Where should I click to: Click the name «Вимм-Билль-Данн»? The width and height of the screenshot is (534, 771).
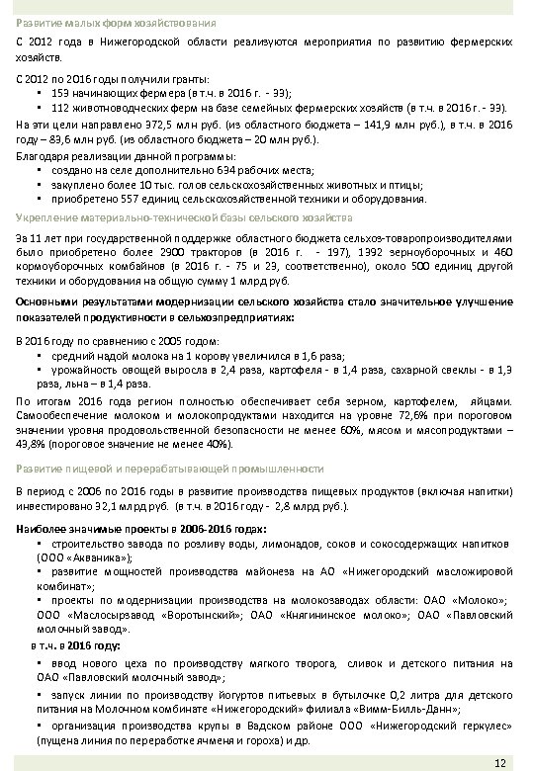point(400,708)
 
